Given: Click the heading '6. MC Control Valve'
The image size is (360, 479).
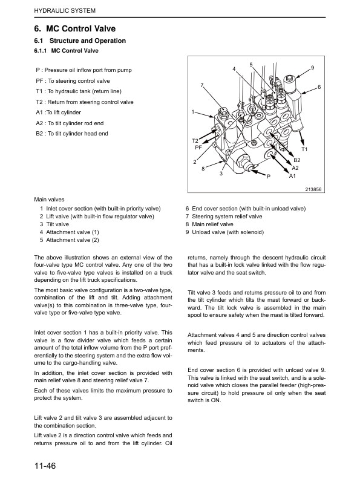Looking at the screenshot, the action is coord(75,28).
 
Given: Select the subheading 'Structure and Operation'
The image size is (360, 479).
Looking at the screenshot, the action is coord(88,41).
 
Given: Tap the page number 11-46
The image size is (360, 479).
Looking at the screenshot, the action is coord(45,466).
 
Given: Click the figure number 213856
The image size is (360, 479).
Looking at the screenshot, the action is coord(313,189).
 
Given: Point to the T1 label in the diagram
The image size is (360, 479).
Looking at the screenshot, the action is coord(304,149).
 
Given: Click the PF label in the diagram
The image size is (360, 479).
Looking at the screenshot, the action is coord(198,148).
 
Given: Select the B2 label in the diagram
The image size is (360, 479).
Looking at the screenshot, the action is coord(296,160).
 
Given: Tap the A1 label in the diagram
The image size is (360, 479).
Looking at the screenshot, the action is coord(292,176).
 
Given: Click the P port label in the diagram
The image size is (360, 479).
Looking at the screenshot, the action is coord(269,176).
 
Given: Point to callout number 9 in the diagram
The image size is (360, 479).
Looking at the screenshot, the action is coord(312,68).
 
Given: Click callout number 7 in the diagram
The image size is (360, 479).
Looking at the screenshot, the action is coord(202,85).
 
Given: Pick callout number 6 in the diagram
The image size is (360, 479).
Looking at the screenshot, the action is coord(319,87).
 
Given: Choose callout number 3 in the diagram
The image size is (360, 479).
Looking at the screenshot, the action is coord(221,174).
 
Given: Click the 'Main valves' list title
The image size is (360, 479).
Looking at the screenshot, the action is coord(49,200).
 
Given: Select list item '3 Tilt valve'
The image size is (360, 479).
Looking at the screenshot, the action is coord(54,224).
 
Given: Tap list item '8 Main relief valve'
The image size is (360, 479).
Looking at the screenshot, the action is coord(209,224).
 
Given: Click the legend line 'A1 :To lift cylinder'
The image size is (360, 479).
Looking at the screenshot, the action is coord(58,112).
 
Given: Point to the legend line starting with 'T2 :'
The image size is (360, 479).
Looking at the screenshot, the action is coord(85,102).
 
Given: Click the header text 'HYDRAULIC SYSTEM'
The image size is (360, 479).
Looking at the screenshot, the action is coord(65,11).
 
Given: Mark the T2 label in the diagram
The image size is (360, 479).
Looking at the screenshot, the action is coord(195,141).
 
